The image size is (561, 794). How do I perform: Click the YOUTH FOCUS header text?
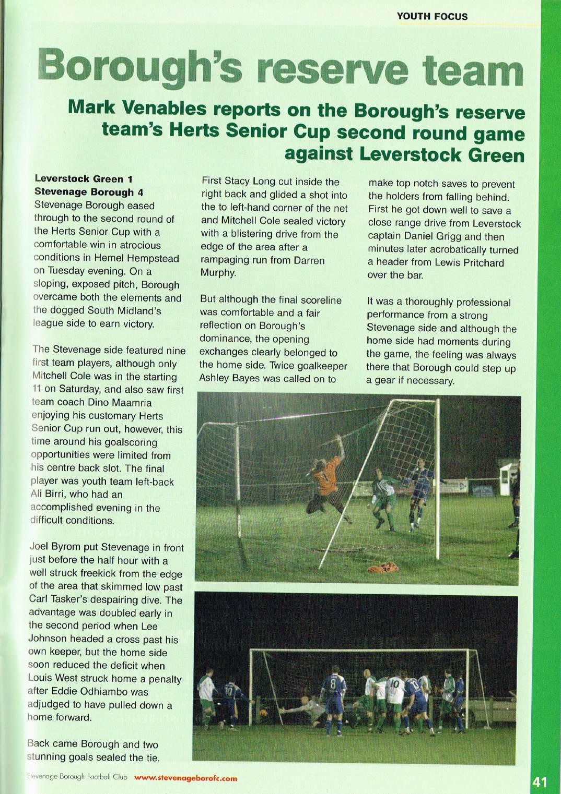click(x=432, y=16)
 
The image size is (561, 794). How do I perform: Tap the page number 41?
click(x=540, y=782)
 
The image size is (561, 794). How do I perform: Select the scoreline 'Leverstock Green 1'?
click(x=83, y=179)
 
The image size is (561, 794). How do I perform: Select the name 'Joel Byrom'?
click(x=55, y=548)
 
